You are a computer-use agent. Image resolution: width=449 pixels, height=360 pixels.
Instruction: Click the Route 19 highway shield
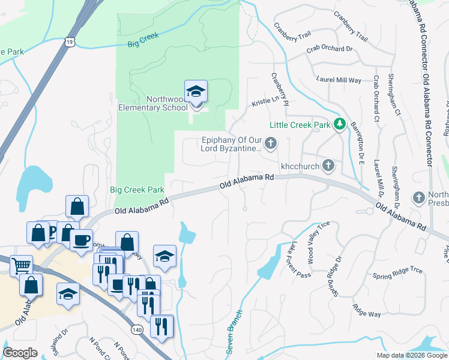(x=70, y=42)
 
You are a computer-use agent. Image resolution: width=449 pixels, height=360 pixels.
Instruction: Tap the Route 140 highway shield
(x=136, y=330)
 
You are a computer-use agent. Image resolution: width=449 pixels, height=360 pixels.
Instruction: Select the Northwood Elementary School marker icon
(x=196, y=92)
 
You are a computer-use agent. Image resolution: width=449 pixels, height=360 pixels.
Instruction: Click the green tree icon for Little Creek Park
(x=340, y=124)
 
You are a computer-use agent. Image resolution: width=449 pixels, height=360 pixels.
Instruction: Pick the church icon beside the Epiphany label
(x=271, y=143)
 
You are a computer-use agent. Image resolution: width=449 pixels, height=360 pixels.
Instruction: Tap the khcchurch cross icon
(x=328, y=164)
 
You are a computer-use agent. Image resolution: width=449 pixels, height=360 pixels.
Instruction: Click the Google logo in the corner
(x=20, y=353)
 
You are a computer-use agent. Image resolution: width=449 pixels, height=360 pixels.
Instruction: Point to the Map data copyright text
(x=412, y=355)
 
